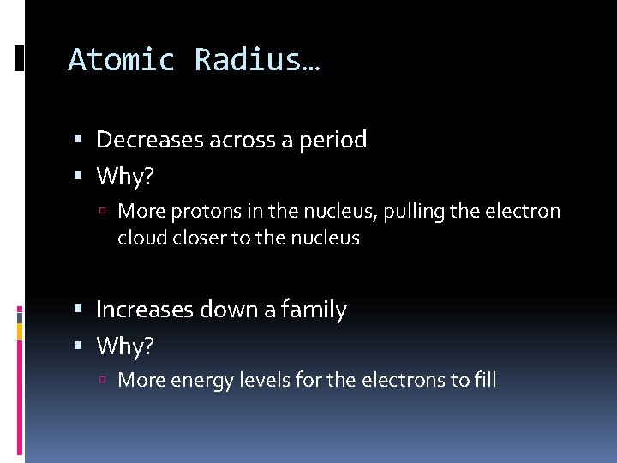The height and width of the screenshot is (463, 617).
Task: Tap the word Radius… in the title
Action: coord(257,60)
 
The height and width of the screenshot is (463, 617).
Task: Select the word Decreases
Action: coord(150,140)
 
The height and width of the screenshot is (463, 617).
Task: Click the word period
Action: coord(333,141)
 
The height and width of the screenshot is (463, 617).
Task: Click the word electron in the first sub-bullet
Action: coord(524,211)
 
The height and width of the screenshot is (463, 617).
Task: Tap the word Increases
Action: coord(146,310)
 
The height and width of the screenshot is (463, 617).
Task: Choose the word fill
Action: coord(484,380)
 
